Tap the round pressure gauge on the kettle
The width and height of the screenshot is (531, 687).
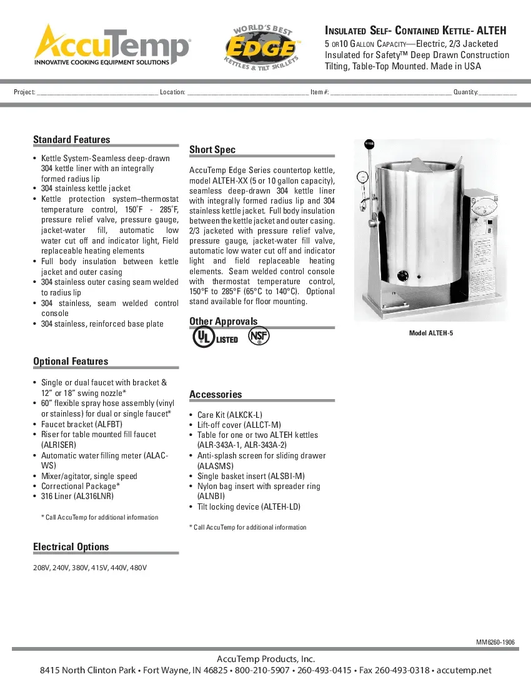point(361,177)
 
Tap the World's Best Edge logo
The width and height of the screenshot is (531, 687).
point(263,47)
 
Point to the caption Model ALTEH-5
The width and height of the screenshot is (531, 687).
point(431,334)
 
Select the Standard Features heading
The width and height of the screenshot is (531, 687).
point(71,140)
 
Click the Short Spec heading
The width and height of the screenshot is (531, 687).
point(212,150)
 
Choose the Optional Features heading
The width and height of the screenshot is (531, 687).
point(71,362)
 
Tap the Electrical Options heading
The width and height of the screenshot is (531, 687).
point(71,547)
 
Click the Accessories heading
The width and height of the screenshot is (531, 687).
point(216,395)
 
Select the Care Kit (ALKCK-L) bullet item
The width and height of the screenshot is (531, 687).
point(229,415)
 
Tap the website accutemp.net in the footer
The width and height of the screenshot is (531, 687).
point(464,671)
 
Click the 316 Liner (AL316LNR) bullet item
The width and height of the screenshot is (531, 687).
point(77,497)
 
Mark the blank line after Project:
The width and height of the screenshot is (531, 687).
point(97,92)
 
